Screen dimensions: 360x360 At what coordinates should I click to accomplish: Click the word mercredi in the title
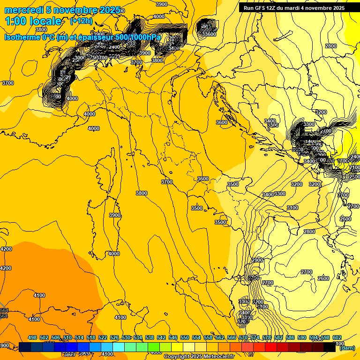[x=23, y=10]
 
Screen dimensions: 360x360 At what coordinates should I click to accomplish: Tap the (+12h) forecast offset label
[x=81, y=21]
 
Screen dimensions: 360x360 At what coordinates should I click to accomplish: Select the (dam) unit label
[x=347, y=348]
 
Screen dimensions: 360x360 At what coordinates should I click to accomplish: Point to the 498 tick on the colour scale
[x=32, y=337]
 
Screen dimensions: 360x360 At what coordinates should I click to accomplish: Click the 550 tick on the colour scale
[x=185, y=337]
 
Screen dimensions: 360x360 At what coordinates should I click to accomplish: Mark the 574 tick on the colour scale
[x=255, y=337]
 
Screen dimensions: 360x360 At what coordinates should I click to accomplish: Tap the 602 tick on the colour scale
[x=337, y=337]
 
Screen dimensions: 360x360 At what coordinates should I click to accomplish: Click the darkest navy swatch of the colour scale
[x=25, y=347]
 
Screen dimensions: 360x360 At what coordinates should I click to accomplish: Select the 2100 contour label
[x=355, y=167]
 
